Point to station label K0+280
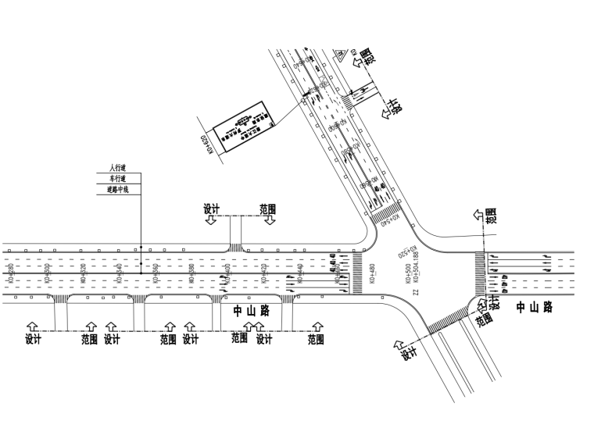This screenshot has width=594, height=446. point(10,273)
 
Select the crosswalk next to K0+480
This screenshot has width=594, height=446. point(357,273)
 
